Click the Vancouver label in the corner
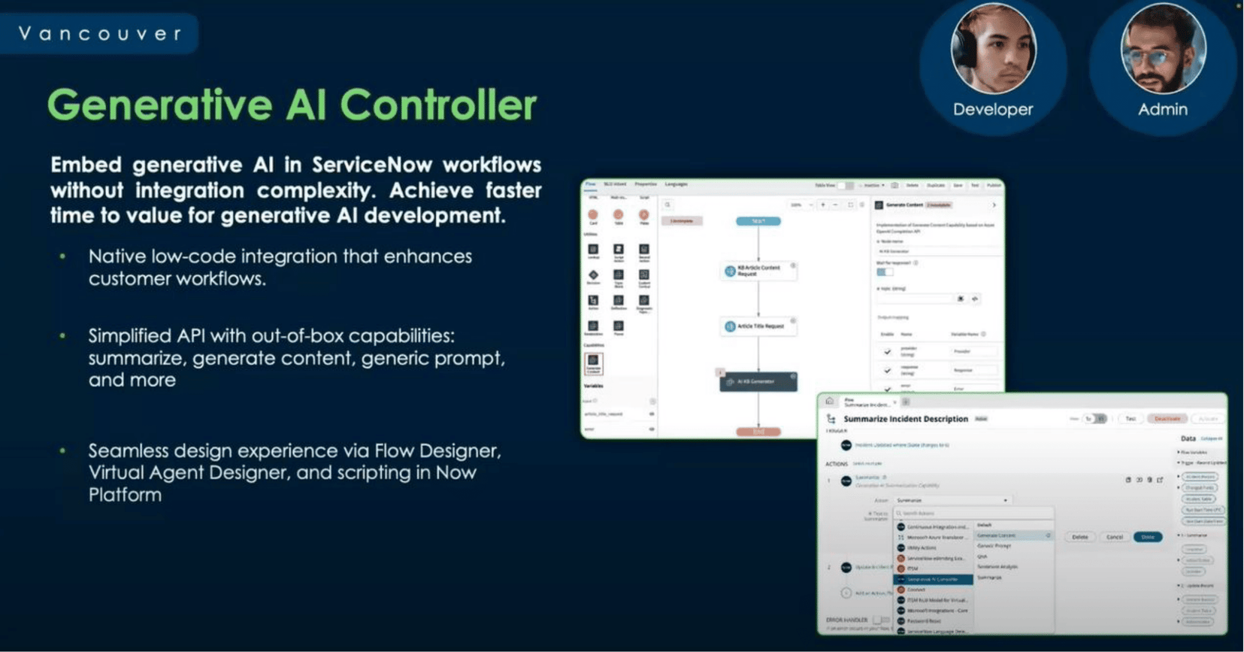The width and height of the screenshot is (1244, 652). click(x=100, y=34)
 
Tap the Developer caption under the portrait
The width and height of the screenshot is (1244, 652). click(x=992, y=110)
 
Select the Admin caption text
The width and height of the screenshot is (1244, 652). click(x=1162, y=110)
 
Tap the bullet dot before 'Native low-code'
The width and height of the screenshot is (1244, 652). click(x=63, y=257)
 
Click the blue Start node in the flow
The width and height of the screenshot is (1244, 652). click(x=758, y=221)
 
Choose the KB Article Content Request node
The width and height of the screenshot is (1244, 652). click(x=758, y=271)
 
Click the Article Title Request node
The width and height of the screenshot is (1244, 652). click(x=758, y=326)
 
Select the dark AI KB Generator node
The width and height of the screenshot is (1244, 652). click(x=758, y=382)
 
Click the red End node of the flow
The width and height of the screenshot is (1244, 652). click(x=758, y=432)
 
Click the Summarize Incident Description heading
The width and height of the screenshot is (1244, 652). click(x=905, y=419)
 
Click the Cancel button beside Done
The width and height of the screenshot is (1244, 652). click(x=1114, y=537)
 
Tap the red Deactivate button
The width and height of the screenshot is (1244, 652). click(x=1167, y=419)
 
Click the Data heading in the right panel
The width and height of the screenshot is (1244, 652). click(x=1188, y=438)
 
